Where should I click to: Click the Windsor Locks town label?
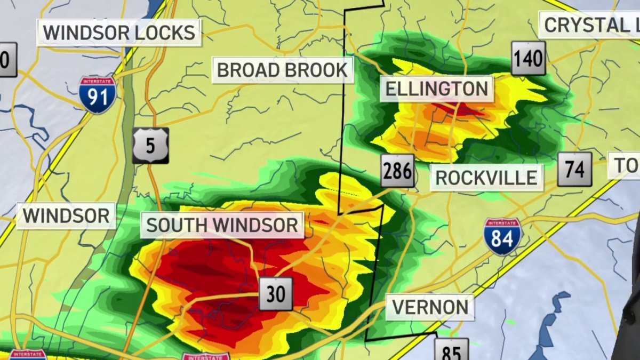(x=119, y=33)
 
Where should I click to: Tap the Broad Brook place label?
(x=282, y=70)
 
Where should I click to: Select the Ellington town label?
(x=437, y=89)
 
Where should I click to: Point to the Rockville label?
(x=486, y=178)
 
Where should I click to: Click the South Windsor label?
(x=222, y=225)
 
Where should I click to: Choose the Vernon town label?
(x=430, y=307)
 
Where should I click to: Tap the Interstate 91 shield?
(x=98, y=94)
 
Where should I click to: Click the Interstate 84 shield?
(x=502, y=236)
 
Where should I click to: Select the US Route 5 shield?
(x=150, y=145)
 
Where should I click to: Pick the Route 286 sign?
(x=398, y=171)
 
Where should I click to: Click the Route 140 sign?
(x=529, y=59)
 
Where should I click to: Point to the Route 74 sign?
(x=574, y=169)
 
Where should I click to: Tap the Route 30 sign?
(x=276, y=294)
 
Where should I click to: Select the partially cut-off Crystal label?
(x=590, y=25)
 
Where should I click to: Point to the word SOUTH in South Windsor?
(x=175, y=225)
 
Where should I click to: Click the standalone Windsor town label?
(x=66, y=216)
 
